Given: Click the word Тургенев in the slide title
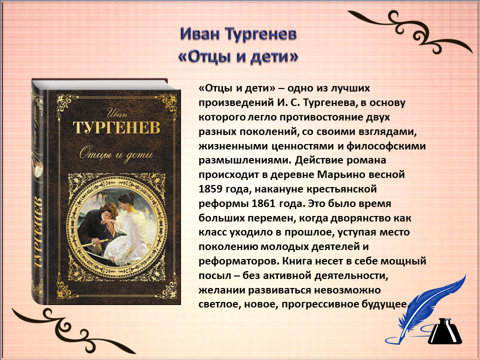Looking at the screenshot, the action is [261, 34].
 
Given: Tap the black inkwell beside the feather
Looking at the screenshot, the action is [445, 331].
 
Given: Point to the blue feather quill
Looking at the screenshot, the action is [428, 309].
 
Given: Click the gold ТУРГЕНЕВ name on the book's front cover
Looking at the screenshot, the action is [116, 127].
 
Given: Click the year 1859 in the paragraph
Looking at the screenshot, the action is [210, 189].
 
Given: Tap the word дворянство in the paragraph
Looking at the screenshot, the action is [363, 218].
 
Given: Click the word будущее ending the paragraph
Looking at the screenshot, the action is [385, 305].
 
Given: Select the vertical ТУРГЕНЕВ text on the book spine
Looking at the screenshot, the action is [38, 233].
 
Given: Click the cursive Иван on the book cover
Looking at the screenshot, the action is [116, 113].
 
